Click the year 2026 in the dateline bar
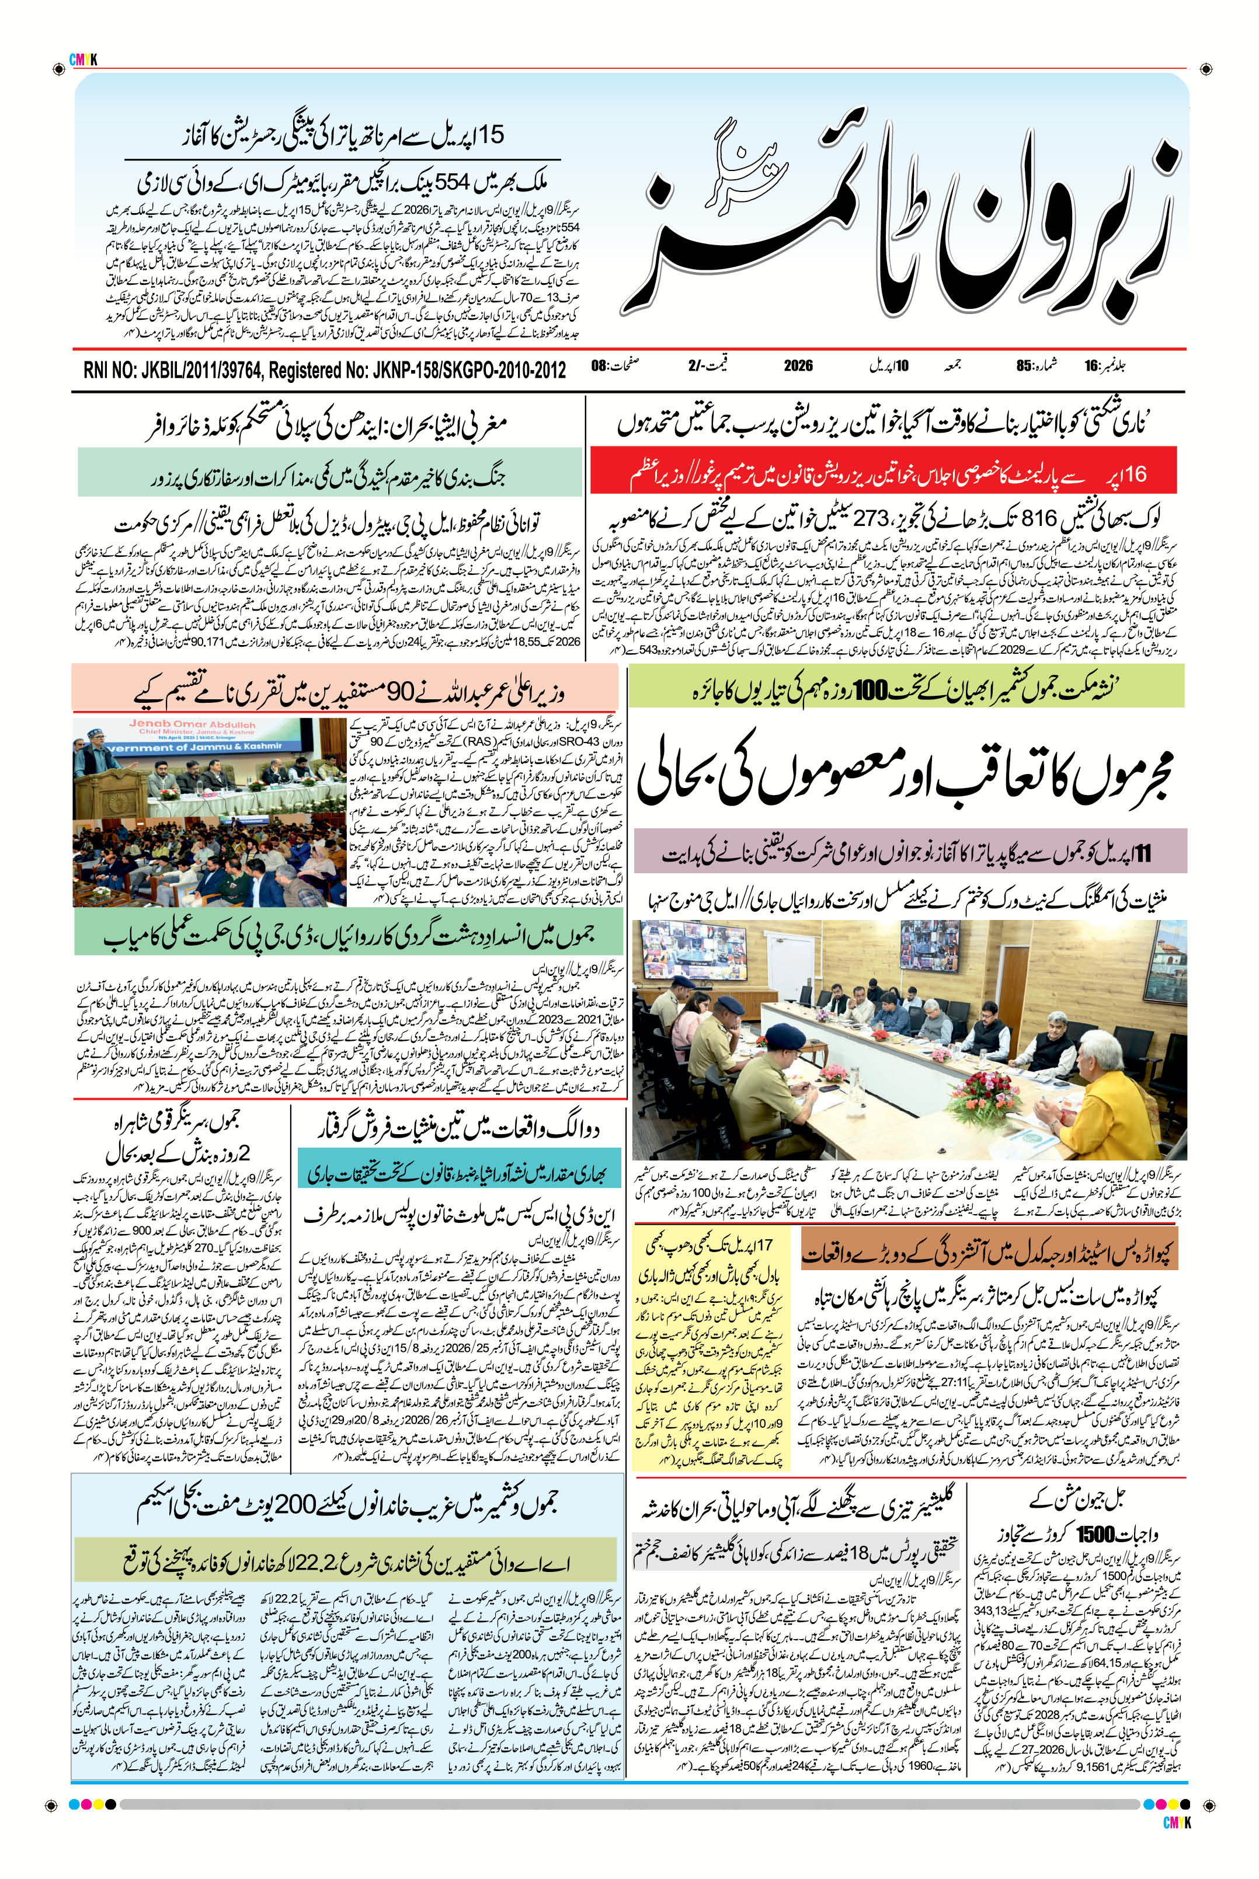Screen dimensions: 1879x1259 coord(798,366)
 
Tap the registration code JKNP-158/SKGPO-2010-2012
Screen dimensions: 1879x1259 coord(469,370)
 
